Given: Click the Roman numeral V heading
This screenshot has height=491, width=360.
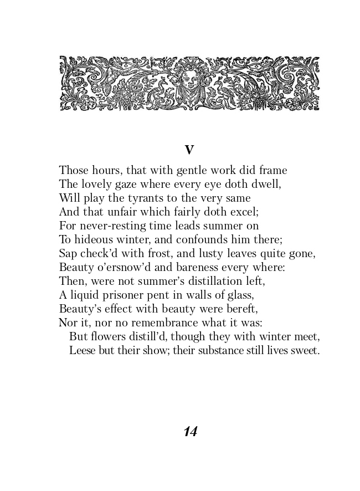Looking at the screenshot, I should (189, 150).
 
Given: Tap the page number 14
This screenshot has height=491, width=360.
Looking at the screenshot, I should (190, 432).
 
